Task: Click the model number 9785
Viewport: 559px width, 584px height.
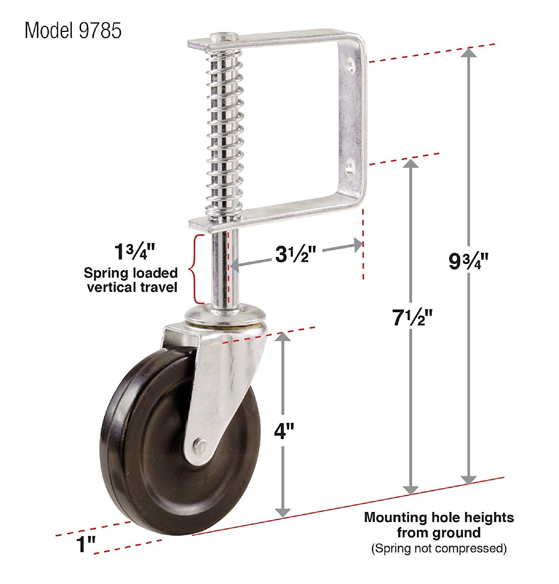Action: click(101, 31)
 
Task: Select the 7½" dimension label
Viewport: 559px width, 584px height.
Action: click(412, 318)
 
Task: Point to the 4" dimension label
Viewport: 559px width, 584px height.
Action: click(283, 431)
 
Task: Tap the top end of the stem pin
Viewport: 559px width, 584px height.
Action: click(224, 38)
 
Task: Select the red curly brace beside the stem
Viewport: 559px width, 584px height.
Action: click(197, 269)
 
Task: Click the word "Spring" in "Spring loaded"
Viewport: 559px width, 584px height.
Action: click(103, 273)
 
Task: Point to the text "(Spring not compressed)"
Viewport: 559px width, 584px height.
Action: click(439, 549)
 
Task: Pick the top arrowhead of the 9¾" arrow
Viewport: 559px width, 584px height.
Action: click(469, 53)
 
